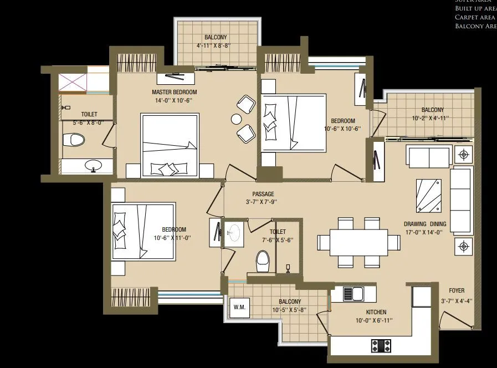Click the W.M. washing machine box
[x=239, y=307]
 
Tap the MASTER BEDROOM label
[x=174, y=92]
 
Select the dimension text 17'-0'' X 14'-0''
[x=424, y=233]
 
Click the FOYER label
[x=457, y=290]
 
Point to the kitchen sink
[x=353, y=293]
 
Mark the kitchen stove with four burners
[x=381, y=346]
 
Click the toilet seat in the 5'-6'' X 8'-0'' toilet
[x=74, y=139]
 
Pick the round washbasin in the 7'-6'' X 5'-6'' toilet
[x=234, y=231]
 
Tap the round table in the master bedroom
[x=237, y=119]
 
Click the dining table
[x=360, y=242]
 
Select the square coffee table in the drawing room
[x=429, y=195]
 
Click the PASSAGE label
[x=263, y=194]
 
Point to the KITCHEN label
[x=375, y=313]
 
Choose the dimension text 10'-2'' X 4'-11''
[x=431, y=118]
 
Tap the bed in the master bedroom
[x=170, y=145]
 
